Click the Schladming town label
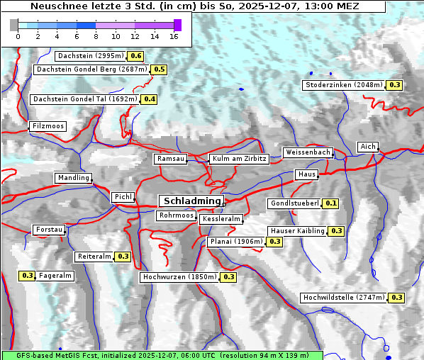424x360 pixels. click(191, 201)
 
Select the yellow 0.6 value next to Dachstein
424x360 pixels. click(135, 56)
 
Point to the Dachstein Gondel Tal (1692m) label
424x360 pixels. click(85, 99)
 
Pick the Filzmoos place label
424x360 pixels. click(48, 127)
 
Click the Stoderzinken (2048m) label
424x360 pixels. click(344, 85)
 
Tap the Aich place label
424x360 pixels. click(368, 147)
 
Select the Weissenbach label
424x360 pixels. click(308, 152)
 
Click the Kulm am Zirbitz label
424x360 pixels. click(239, 159)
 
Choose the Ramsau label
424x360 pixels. click(171, 159)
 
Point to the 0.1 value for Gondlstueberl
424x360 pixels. click(330, 203)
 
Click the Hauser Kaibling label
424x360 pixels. click(297, 231)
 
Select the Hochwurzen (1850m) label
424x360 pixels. click(179, 277)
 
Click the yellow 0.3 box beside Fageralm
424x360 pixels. click(28, 276)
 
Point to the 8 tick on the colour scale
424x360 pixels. click(96, 36)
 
